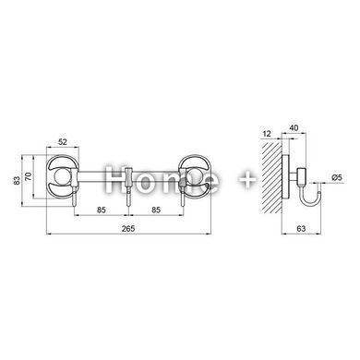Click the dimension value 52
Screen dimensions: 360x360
[63, 142]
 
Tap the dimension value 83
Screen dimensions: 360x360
[18, 180]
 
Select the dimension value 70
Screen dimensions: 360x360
[28, 176]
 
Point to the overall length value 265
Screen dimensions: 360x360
[128, 228]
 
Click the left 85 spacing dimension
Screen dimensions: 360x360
[102, 210]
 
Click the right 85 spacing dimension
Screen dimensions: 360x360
[156, 210]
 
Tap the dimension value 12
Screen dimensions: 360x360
[267, 134]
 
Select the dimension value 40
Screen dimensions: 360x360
[294, 127]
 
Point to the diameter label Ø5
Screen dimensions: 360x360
[337, 177]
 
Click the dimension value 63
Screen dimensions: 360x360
[302, 228]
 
